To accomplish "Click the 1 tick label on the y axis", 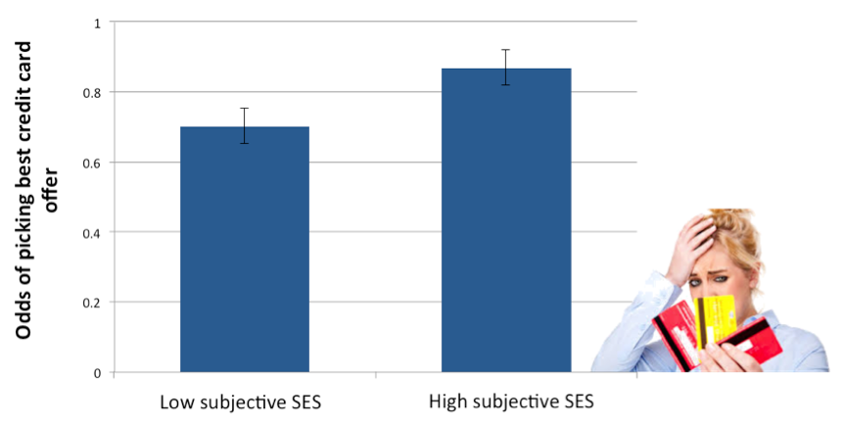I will point(96,22).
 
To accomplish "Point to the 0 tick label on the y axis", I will point(96,373).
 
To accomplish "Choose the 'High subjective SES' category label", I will point(510,401).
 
